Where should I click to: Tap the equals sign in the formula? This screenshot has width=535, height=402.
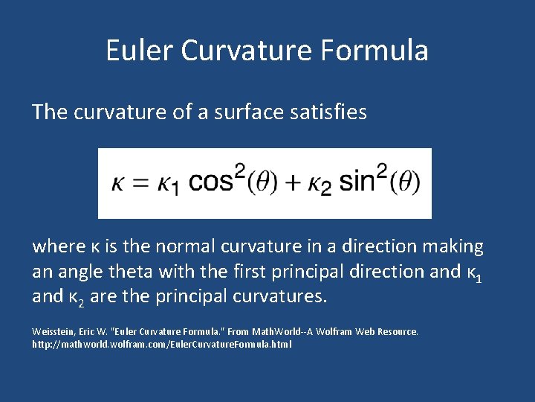tap(139, 183)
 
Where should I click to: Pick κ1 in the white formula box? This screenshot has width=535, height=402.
tap(168, 185)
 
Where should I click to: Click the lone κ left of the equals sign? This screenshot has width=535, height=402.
tap(119, 184)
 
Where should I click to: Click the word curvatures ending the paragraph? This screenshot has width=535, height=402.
tap(282, 297)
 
